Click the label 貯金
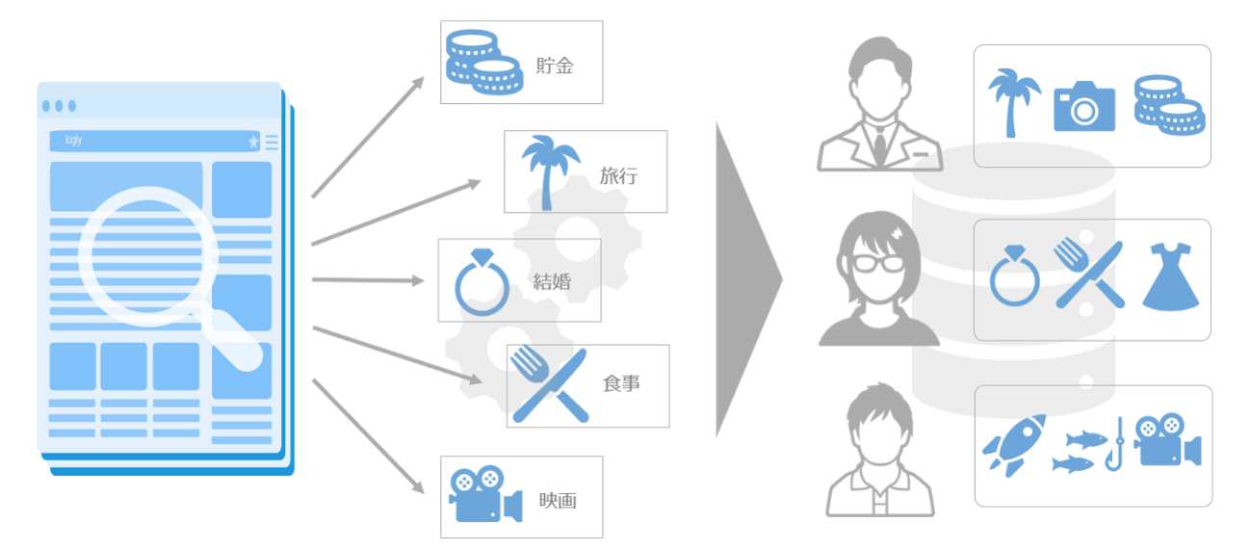pyautogui.click(x=555, y=66)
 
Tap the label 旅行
pyautogui.click(x=618, y=176)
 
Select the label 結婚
pyautogui.click(x=553, y=281)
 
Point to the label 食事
pyautogui.click(x=621, y=383)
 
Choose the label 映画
pyautogui.click(x=557, y=501)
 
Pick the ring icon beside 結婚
pyautogui.click(x=482, y=282)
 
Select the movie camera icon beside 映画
pyautogui.click(x=483, y=495)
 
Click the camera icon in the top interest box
pyautogui.click(x=1084, y=106)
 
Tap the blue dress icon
pyautogui.click(x=1170, y=276)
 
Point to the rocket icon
pyautogui.click(x=1012, y=445)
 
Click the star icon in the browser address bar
pyautogui.click(x=254, y=143)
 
